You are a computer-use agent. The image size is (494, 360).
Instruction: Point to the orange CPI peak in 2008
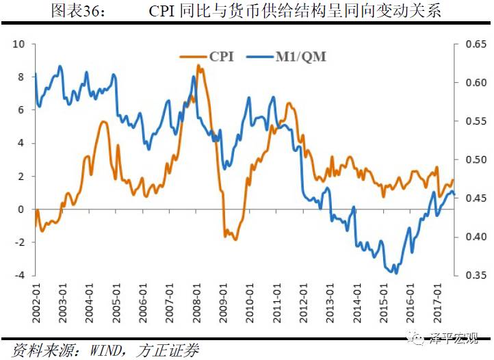(x=198, y=66)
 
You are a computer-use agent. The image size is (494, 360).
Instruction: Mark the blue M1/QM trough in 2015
(x=395, y=272)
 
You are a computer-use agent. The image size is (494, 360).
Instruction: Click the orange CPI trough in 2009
(x=235, y=239)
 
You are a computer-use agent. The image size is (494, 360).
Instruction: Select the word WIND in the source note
(x=108, y=350)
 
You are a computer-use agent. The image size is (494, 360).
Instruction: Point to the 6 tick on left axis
(x=21, y=110)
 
